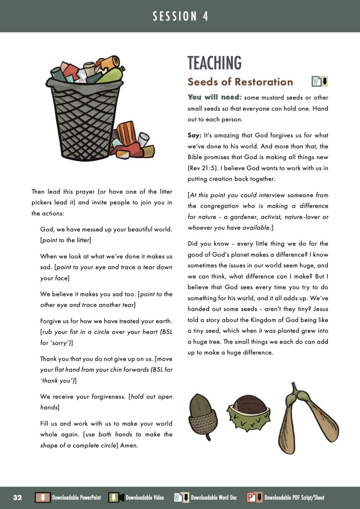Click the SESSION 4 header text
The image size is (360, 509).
(x=180, y=17)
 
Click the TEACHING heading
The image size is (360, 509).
(x=215, y=63)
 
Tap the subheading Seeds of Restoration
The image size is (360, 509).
(x=240, y=82)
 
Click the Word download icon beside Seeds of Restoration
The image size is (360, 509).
(x=320, y=81)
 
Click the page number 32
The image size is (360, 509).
(x=17, y=498)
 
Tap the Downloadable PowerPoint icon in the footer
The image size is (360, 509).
(x=42, y=498)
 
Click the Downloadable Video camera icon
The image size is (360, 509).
(x=116, y=498)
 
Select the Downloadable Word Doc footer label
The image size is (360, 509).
(x=214, y=498)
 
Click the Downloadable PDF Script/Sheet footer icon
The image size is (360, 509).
(x=254, y=498)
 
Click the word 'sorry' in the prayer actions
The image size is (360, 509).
(x=56, y=343)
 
